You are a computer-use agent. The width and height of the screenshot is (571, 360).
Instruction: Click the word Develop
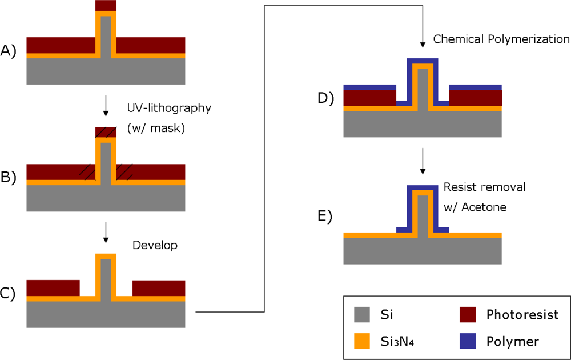pyautogui.click(x=155, y=245)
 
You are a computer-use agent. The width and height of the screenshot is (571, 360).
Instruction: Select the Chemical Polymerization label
pyautogui.click(x=501, y=39)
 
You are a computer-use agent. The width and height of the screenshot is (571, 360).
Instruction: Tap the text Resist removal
pyautogui.click(x=484, y=187)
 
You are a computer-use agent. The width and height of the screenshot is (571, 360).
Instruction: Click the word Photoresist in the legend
pyautogui.click(x=522, y=315)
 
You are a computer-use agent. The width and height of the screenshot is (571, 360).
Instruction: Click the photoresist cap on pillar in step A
pyautogui.click(x=106, y=5)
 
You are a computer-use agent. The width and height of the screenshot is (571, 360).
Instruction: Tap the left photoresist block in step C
pyautogui.click(x=53, y=288)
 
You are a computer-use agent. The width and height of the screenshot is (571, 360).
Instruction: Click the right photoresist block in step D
pyautogui.click(x=476, y=98)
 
